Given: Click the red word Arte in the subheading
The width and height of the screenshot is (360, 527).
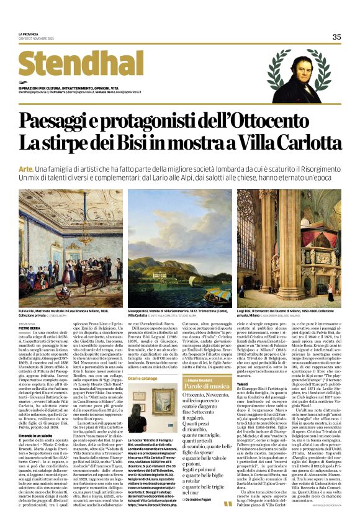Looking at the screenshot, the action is [x=25, y=169].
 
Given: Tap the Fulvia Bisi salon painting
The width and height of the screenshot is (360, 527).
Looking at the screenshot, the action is [x=71, y=248].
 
